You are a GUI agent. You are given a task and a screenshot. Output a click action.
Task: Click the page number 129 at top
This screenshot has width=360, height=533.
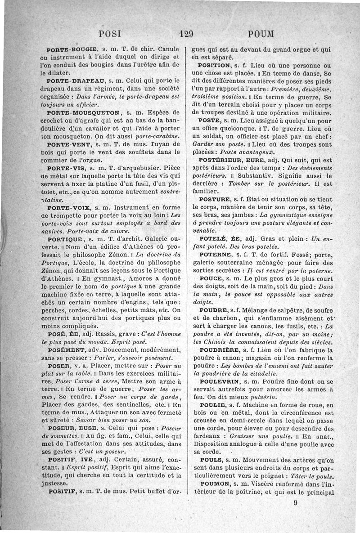tap(186, 34)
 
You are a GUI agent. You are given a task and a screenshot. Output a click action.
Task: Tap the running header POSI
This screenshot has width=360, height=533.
tap(111, 34)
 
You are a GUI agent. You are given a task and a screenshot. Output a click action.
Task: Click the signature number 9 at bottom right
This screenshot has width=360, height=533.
tap(296, 503)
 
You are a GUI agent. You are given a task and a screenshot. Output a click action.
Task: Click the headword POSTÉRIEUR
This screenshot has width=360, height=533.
tap(222, 160)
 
